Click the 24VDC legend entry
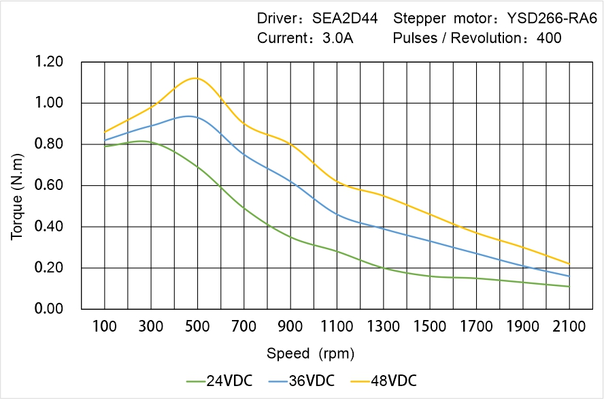tap(219, 380)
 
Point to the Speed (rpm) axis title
tap(310, 353)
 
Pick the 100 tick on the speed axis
tap(104, 327)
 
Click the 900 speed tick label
tap(290, 327)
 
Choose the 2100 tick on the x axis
tap(569, 327)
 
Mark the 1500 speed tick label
tap(430, 327)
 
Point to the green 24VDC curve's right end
tap(569, 287)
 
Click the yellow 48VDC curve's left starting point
tap(104, 132)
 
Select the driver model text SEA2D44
tap(346, 18)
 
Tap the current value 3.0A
tap(337, 38)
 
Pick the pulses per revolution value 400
tap(549, 38)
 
